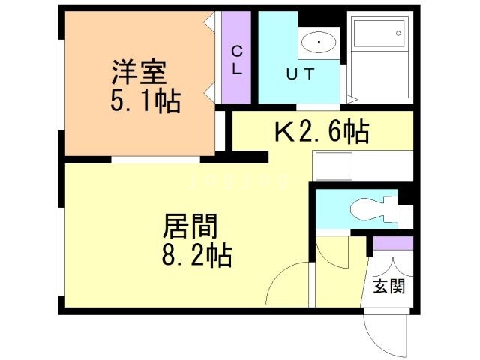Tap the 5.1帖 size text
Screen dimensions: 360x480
145,101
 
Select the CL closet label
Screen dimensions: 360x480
236,58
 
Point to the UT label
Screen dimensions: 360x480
298,73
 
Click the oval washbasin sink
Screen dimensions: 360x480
320,43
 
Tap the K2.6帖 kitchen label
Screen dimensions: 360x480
321,133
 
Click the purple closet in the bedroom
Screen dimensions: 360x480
236,58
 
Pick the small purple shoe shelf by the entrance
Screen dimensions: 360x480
392,243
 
